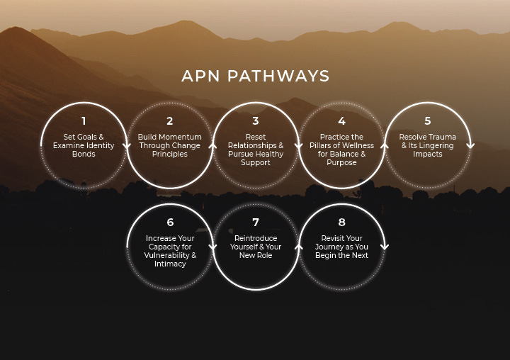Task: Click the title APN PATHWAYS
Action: point(255,76)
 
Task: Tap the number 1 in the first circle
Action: point(84,121)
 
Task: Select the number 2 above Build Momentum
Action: point(170,121)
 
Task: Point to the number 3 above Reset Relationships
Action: point(256,121)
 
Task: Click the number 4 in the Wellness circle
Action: point(341,121)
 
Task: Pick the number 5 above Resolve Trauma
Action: point(428,121)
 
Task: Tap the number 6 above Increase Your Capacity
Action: point(170,223)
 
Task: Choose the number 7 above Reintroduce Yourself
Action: point(256,223)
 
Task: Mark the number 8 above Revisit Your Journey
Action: point(341,223)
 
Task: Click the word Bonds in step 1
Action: point(84,154)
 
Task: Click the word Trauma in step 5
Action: point(442,137)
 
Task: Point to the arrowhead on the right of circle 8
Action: point(385,247)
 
